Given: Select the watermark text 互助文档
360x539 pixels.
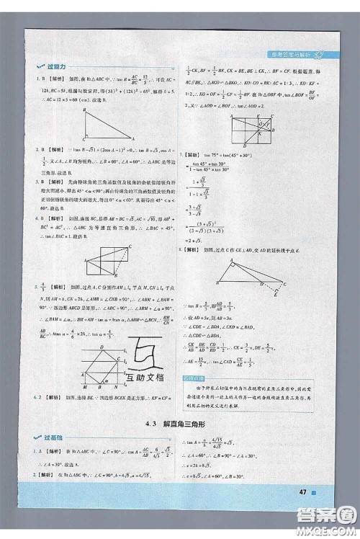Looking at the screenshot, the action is (x=144, y=378).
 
